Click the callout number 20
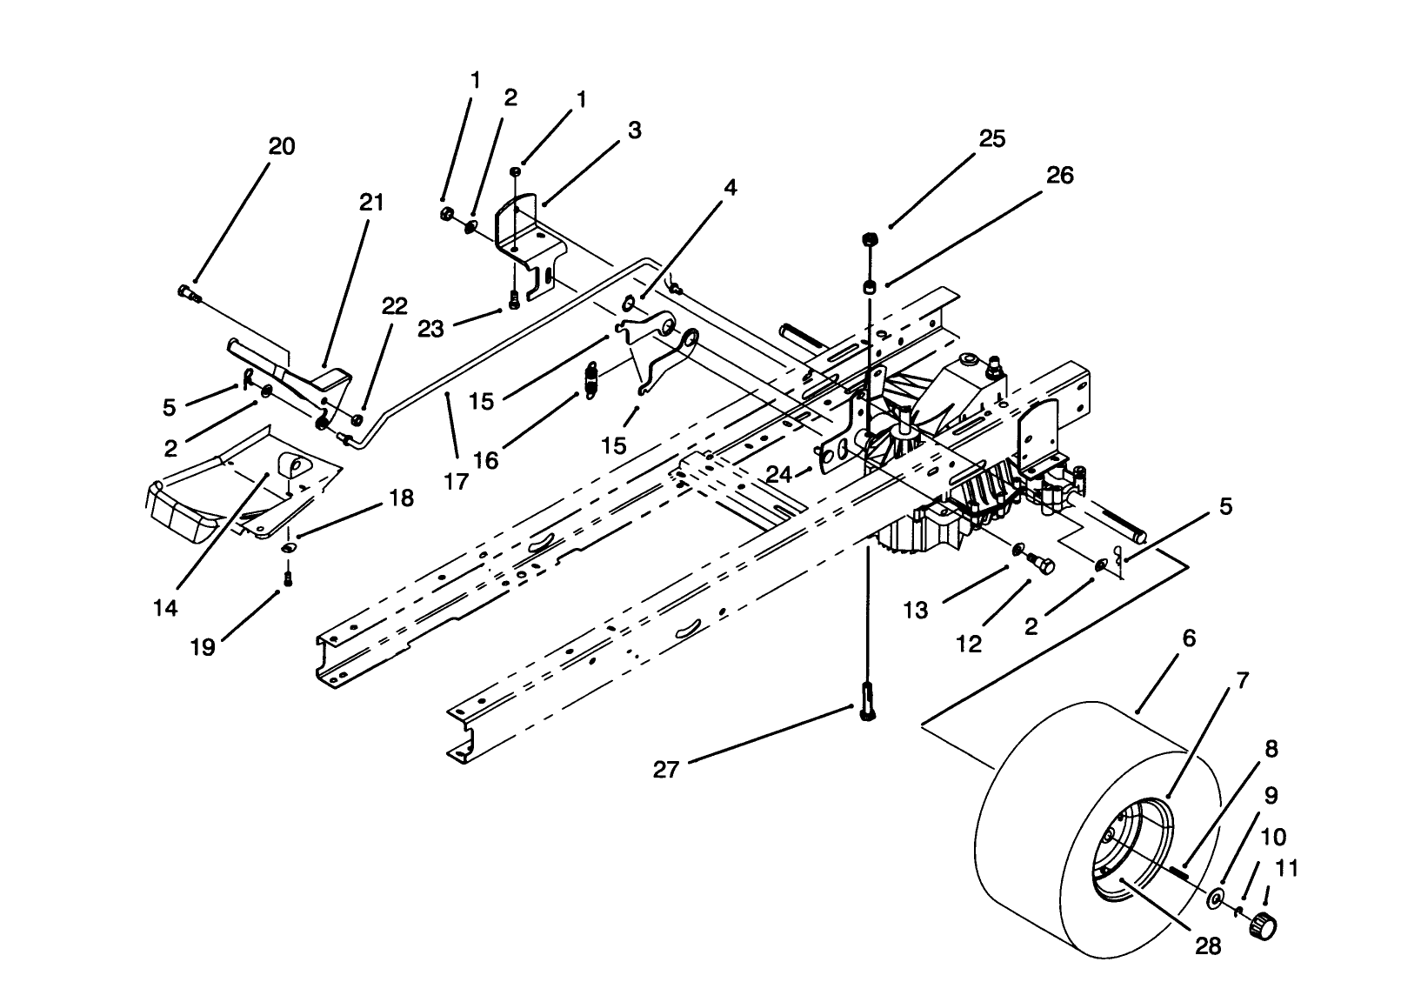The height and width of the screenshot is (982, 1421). (x=281, y=146)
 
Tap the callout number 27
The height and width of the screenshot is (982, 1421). (x=665, y=769)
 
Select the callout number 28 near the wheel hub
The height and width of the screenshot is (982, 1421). (x=1208, y=945)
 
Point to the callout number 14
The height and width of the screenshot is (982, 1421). (x=165, y=608)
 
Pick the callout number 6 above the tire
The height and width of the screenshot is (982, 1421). (x=1189, y=638)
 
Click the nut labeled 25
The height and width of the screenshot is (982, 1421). (x=869, y=240)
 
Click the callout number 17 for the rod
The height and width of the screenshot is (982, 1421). (x=456, y=481)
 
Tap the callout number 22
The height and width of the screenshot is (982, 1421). (x=394, y=306)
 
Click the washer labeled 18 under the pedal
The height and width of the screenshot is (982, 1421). (x=288, y=547)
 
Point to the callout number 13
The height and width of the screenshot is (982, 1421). (x=916, y=611)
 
